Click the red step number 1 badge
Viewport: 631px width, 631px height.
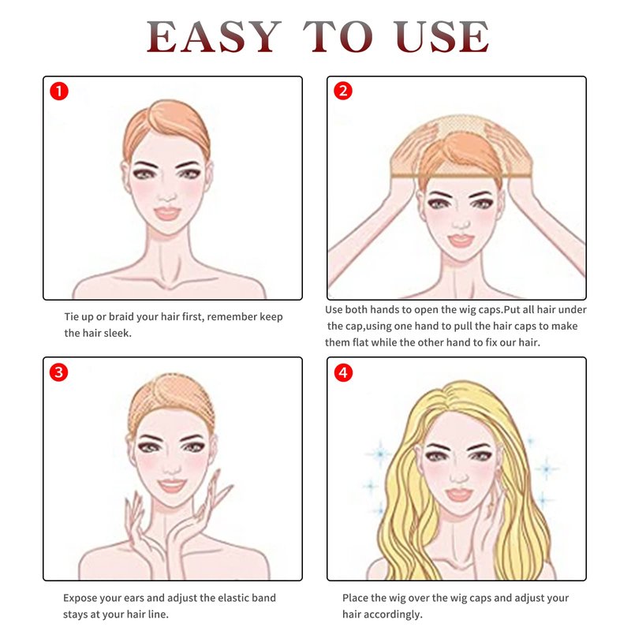(x=59, y=91)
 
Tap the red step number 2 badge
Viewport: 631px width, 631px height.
(x=343, y=91)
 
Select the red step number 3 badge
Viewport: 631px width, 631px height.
(x=58, y=372)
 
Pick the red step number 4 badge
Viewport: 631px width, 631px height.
(x=343, y=372)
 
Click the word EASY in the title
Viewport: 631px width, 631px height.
(x=214, y=36)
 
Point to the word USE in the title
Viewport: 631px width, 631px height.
(x=441, y=36)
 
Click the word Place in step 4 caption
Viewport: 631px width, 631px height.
(x=355, y=598)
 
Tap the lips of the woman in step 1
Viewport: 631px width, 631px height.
(x=167, y=213)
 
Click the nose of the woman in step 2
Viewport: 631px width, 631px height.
(x=461, y=222)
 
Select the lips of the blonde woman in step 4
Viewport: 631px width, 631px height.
(x=458, y=495)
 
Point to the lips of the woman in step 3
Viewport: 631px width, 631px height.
(x=172, y=486)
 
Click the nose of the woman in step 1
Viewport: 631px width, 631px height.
(x=166, y=196)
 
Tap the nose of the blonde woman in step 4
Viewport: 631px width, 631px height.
(x=458, y=477)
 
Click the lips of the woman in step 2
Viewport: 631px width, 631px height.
(x=461, y=241)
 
